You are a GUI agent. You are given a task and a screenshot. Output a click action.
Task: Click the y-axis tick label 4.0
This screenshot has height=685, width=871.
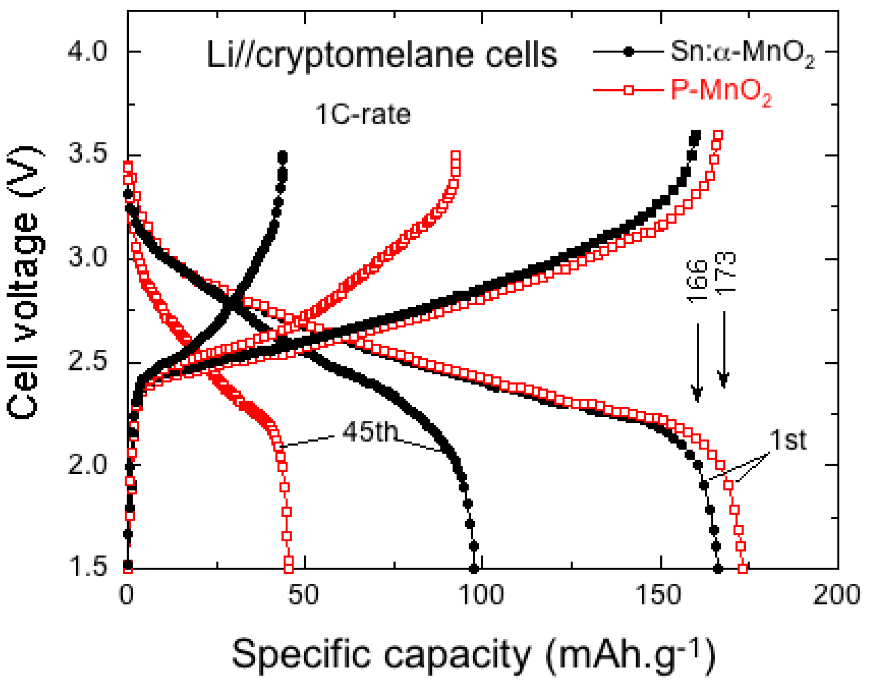(87, 52)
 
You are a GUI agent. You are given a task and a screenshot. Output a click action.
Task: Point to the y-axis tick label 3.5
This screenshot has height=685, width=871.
(87, 155)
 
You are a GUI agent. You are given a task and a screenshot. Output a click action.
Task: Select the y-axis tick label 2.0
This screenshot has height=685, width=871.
(87, 465)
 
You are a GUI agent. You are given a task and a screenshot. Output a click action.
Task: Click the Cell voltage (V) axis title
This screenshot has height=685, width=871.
(24, 283)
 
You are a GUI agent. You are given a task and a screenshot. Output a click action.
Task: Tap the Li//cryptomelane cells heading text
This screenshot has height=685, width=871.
(382, 55)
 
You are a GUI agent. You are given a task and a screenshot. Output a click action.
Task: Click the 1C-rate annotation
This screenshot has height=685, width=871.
(363, 115)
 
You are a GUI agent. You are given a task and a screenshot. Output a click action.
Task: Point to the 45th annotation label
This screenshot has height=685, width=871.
(370, 431)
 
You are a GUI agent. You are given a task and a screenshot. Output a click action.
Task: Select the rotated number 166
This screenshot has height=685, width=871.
(697, 281)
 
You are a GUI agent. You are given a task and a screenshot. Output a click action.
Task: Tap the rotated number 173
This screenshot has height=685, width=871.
(725, 273)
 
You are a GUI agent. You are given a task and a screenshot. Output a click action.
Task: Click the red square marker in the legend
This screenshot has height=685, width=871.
(629, 90)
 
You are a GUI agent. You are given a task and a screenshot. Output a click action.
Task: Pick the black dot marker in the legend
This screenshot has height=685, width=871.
(629, 52)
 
